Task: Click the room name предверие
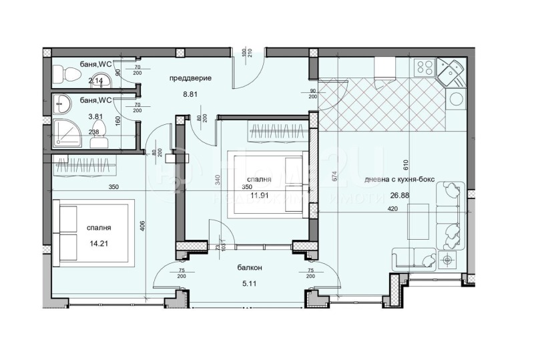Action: point(190,78)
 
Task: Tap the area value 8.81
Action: point(190,95)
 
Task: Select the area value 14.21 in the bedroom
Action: point(97,244)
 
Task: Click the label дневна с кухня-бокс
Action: point(396,179)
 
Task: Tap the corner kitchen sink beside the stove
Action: point(450,70)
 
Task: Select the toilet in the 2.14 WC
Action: point(61,73)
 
